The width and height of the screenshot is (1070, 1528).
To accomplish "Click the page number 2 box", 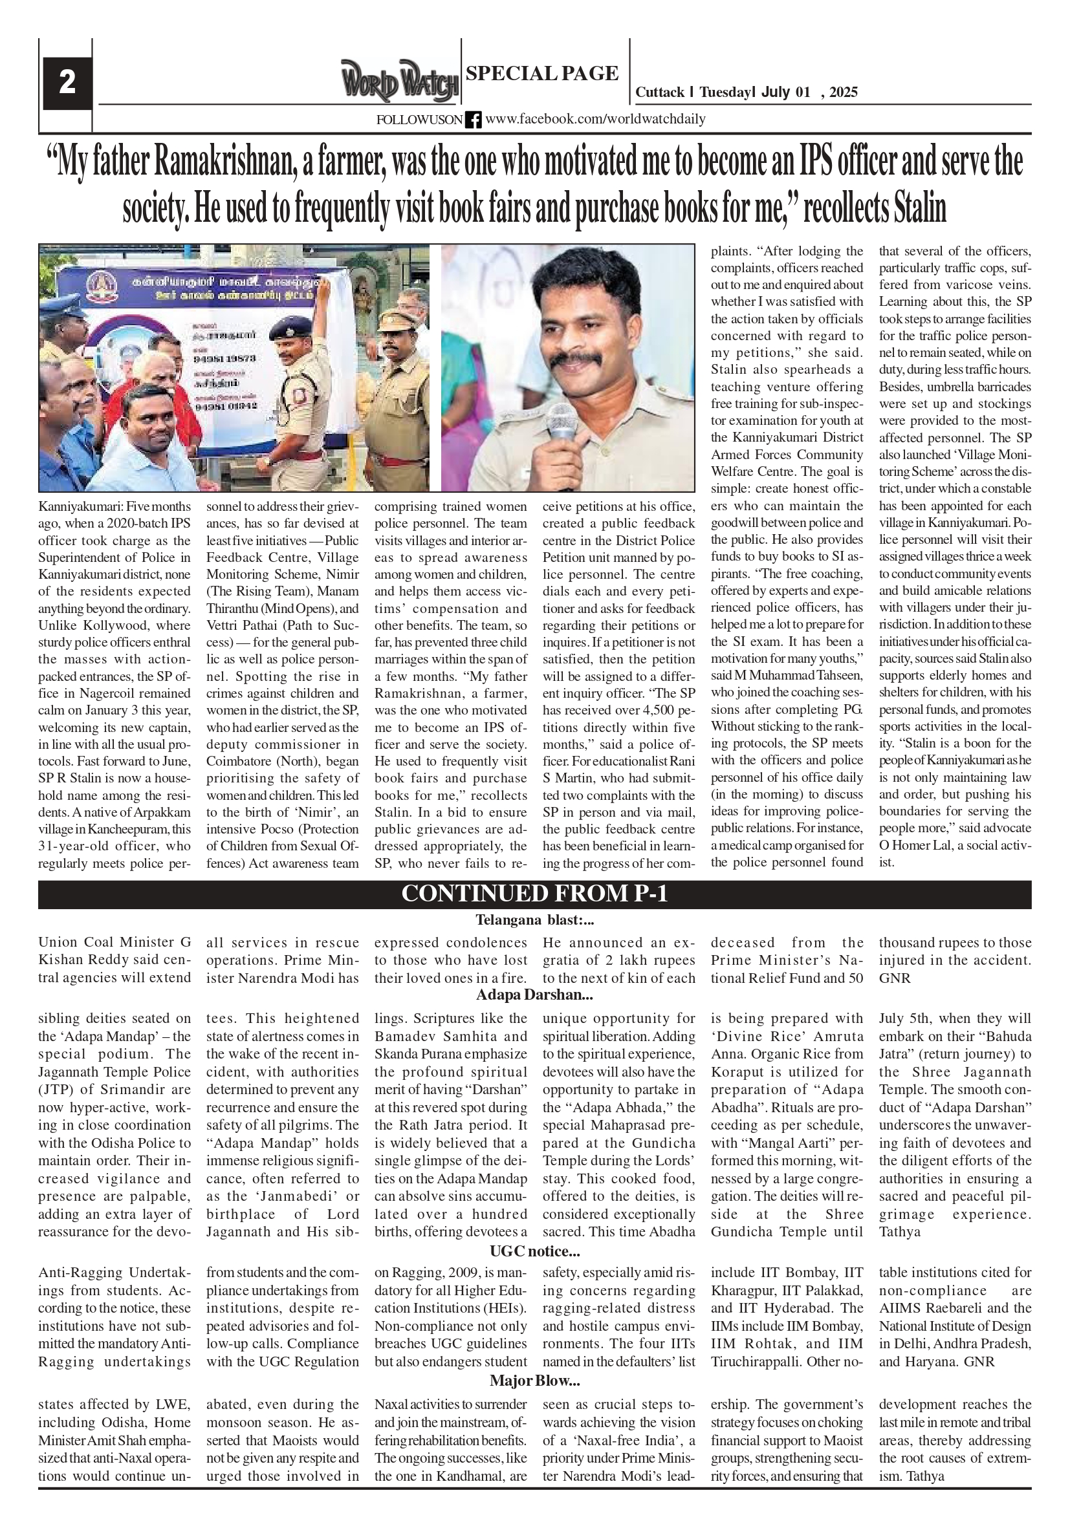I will click(67, 83).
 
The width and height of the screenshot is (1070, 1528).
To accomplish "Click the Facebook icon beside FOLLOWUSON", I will click(473, 120).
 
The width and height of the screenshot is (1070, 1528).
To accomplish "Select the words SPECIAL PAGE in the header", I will click(542, 73).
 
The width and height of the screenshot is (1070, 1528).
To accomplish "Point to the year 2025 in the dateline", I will click(844, 92).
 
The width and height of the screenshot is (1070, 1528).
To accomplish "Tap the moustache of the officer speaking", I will click(574, 359).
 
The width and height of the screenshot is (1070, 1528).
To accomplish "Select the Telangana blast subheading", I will click(534, 920).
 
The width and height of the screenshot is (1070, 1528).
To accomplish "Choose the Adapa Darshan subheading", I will click(534, 996).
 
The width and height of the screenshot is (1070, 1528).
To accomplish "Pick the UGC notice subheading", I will click(534, 1251).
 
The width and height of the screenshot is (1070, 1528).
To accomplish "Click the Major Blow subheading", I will click(534, 1381).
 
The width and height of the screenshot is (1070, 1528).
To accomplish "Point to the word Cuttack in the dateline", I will click(659, 92).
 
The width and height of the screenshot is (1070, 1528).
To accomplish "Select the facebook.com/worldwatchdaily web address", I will click(595, 119).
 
